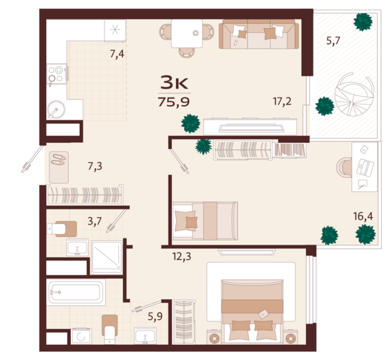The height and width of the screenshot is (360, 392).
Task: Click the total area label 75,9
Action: pos(174,102)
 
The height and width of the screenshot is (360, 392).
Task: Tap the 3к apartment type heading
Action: pos(174,82)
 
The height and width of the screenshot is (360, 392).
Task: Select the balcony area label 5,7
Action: pos(333,41)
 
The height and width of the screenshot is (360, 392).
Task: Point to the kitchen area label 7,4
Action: pos(117,54)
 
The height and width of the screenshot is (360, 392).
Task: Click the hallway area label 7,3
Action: pos(95,166)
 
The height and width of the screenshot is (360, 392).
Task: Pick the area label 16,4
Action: pos(363,216)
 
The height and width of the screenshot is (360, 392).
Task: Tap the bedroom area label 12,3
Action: pos(182,256)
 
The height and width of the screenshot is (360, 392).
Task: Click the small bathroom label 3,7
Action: pos(94,221)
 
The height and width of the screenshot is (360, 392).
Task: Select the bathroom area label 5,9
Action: pos(155,317)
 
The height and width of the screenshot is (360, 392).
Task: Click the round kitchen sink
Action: pos(56,109)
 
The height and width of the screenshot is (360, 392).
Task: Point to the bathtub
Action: pos(76,292)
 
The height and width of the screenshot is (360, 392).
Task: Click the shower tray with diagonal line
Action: pos(107,258)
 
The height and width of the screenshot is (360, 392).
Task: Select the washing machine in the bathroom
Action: pos(81,336)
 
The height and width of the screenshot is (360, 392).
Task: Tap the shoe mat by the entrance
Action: pos(58,167)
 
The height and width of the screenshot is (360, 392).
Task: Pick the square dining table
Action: pos(187,34)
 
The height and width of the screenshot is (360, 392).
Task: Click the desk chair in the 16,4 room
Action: pos(345,167)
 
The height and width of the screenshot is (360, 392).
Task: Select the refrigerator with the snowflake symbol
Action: pos(115,30)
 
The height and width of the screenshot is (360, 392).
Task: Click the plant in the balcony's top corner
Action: pos(363,22)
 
